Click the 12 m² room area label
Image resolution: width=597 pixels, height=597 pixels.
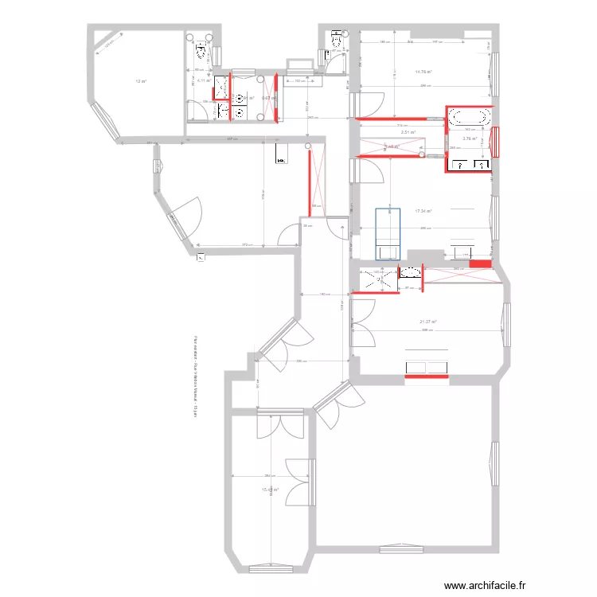[141, 81]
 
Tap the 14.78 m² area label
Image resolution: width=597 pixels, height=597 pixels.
[423, 71]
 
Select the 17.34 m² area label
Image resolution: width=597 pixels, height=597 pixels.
[423, 211]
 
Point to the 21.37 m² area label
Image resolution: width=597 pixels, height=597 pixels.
[429, 322]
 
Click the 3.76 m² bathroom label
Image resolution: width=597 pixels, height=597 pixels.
[470, 139]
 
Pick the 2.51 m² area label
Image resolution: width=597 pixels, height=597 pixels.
[408, 132]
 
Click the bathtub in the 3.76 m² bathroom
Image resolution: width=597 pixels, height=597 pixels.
[468, 117]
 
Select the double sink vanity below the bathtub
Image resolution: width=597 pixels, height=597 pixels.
[470, 165]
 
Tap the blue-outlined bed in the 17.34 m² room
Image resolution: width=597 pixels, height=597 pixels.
[388, 232]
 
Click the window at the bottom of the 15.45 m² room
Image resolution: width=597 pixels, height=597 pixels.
[270, 568]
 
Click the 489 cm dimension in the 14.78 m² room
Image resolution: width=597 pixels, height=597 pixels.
[425, 86]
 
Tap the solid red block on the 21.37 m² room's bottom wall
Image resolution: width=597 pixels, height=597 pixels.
[427, 367]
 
